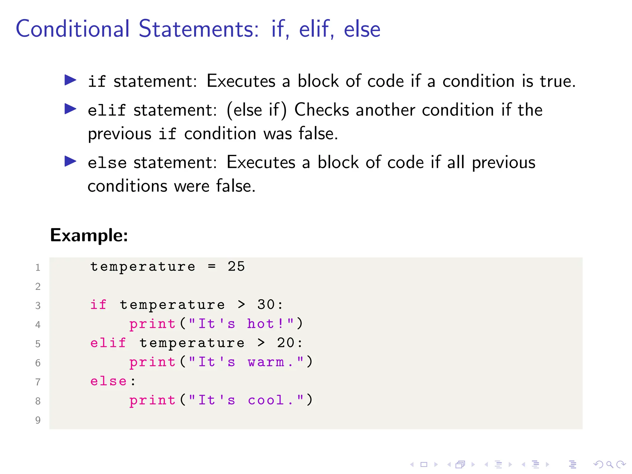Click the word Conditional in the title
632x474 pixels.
click(73, 29)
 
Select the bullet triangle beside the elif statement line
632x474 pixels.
click(70, 109)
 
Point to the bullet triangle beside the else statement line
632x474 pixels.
click(70, 161)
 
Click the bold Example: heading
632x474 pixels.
click(89, 235)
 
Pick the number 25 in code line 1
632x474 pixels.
click(236, 267)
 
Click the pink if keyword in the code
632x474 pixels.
click(98, 305)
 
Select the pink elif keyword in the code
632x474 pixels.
click(108, 343)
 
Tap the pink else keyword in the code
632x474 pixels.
click(108, 381)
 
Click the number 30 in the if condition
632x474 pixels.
click(266, 305)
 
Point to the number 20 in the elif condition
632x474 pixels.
click(285, 343)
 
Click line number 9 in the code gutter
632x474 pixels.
click(38, 420)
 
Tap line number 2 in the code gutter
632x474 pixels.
click(38, 286)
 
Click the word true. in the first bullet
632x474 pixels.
click(558, 81)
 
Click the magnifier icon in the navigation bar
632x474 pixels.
click(609, 464)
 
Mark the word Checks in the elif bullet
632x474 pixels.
click(322, 110)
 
